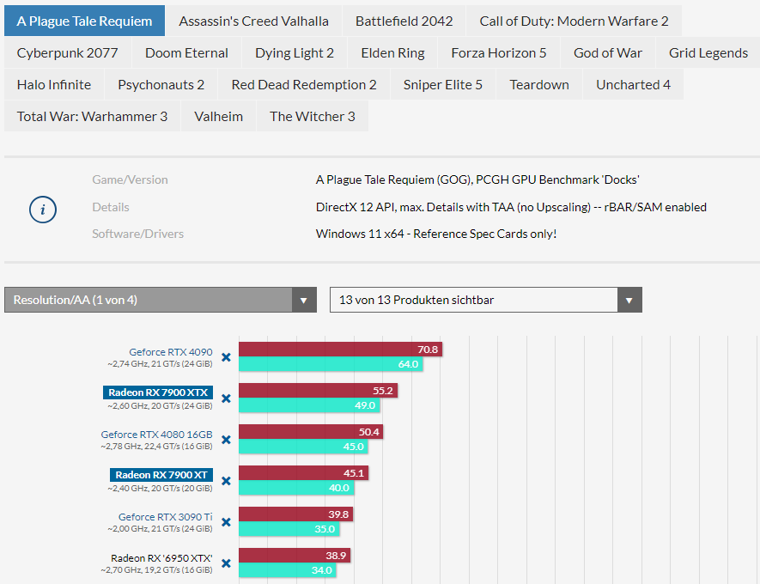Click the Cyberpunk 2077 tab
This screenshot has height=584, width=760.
(x=67, y=52)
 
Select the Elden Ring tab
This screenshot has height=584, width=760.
(x=392, y=52)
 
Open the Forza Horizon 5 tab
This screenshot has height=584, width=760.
(x=498, y=52)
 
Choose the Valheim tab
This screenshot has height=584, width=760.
(x=218, y=116)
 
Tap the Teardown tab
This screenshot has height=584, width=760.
(x=538, y=84)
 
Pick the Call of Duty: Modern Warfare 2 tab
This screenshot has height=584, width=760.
(x=574, y=21)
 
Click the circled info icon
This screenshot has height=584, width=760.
(x=43, y=210)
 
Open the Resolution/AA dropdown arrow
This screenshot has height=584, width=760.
(x=303, y=300)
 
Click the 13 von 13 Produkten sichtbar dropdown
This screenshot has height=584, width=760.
(x=485, y=300)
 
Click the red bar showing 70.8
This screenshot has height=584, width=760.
(x=339, y=350)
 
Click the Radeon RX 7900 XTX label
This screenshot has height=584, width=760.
(x=158, y=392)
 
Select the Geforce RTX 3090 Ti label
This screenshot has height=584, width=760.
(x=165, y=516)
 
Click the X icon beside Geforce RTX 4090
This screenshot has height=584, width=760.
(x=226, y=357)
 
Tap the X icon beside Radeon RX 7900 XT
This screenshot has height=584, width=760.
(x=226, y=481)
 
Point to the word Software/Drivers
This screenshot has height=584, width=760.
(x=137, y=234)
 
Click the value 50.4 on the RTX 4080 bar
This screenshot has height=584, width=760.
(x=369, y=432)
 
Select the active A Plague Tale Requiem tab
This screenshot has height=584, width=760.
(x=84, y=21)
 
